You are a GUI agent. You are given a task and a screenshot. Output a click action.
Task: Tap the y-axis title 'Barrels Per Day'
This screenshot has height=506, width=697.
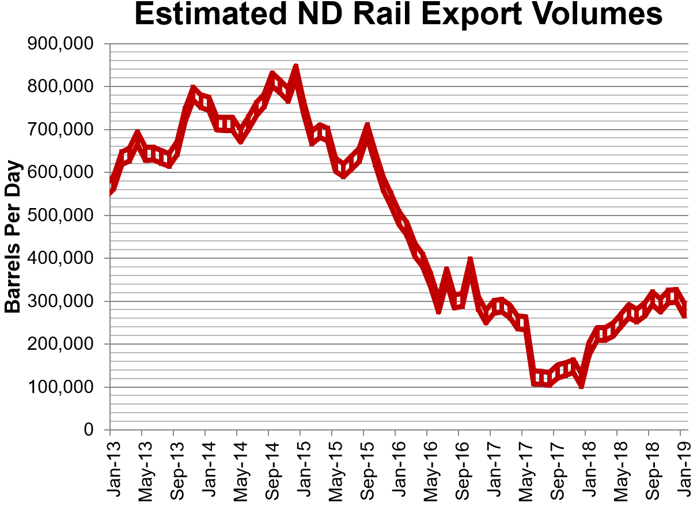coord(13,237)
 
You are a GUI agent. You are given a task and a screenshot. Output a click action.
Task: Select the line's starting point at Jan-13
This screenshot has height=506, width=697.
coord(111,188)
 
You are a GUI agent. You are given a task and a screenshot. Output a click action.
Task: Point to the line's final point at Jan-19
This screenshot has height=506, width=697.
coord(684,311)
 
